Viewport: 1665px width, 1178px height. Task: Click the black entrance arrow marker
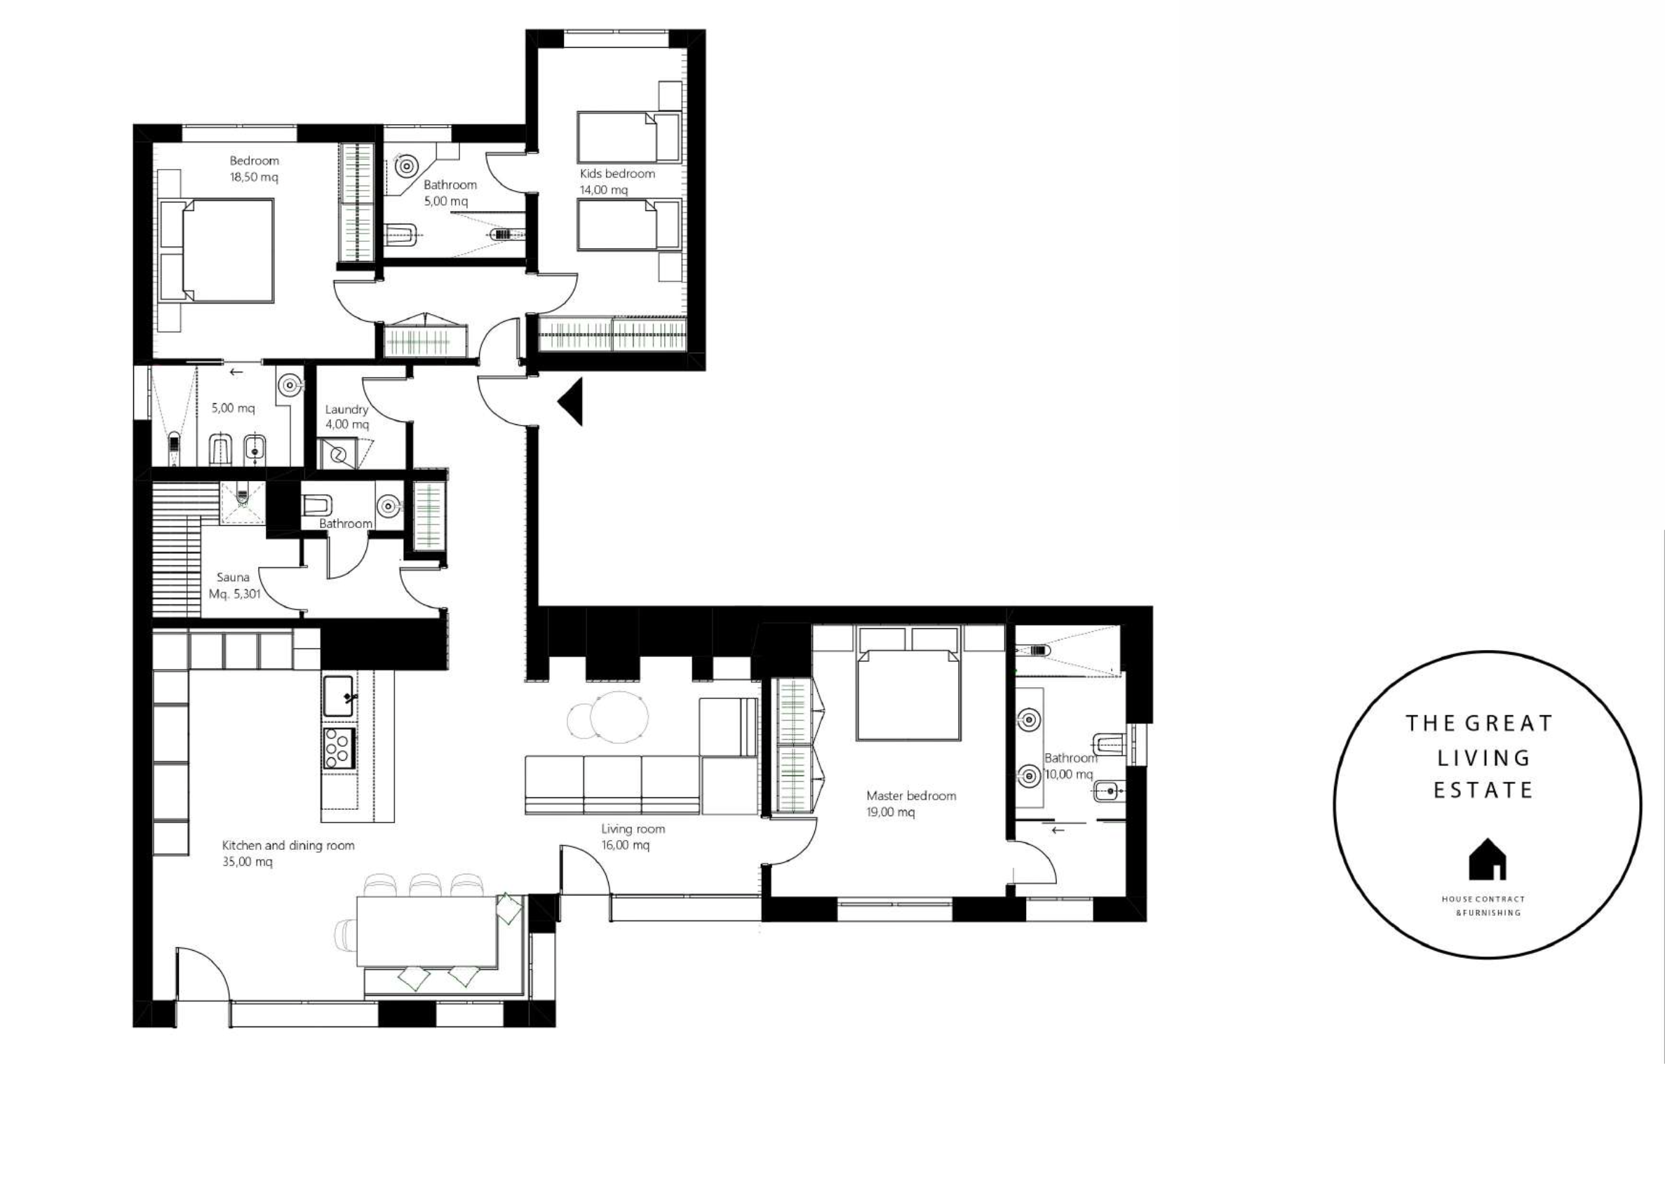[x=572, y=401]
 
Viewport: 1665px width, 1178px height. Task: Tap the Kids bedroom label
[x=616, y=173]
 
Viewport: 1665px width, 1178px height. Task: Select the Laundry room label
[x=346, y=409]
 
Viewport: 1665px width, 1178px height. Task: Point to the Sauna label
[x=233, y=577]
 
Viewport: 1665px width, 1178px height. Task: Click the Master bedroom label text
[x=910, y=796]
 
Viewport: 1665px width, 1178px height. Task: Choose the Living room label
[x=633, y=828]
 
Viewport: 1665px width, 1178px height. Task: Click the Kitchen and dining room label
[x=288, y=845]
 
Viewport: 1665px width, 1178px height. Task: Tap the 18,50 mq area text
[x=254, y=177]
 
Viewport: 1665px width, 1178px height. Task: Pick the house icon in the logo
[x=1488, y=859]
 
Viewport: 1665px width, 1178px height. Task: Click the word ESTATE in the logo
[x=1483, y=790]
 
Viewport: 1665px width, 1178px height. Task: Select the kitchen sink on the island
[x=339, y=696]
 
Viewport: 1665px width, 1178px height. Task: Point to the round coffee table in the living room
[x=619, y=717]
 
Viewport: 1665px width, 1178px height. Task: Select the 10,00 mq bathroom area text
[x=1069, y=775]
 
